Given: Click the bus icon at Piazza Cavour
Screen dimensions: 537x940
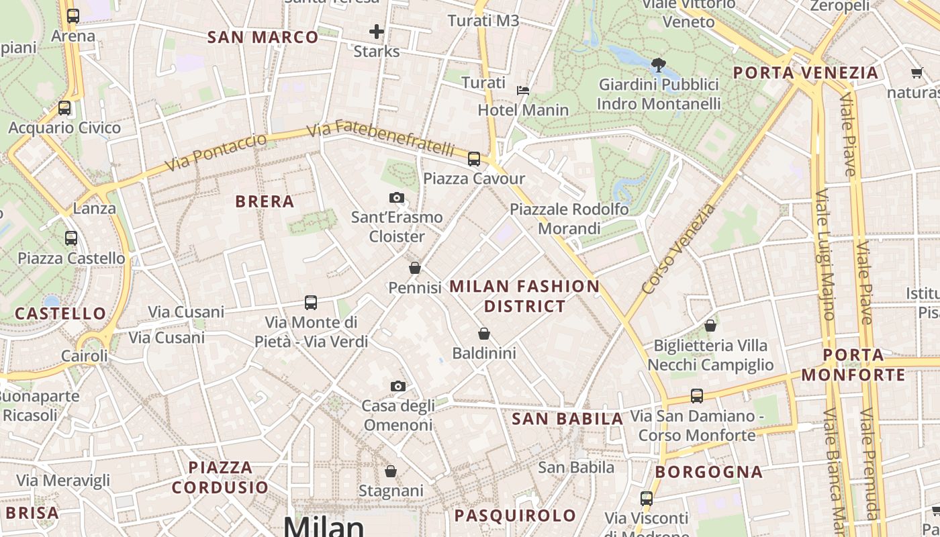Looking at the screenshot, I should [474, 159].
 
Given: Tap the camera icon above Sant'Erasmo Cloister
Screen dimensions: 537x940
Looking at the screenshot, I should [397, 197].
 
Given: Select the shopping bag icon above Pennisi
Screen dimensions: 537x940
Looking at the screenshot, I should [415, 268].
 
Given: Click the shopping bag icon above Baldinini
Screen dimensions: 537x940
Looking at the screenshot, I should [484, 333].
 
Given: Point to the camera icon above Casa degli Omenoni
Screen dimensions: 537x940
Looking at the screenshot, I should [398, 386].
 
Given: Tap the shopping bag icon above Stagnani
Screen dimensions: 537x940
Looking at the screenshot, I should [391, 471].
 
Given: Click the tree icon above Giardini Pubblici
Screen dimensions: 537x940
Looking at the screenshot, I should [659, 65].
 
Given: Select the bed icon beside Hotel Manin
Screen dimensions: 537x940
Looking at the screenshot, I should [522, 90].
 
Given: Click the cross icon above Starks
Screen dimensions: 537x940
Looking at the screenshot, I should [377, 31].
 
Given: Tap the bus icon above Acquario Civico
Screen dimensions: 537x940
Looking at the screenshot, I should [64, 107].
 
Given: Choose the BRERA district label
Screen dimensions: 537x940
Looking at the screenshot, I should [265, 201].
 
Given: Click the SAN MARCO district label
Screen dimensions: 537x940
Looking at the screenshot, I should [263, 38].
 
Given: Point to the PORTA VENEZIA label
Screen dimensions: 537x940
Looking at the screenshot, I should [805, 72].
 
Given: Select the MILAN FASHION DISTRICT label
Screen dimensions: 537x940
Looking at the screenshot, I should [524, 296].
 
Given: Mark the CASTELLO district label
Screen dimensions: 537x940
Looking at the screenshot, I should [60, 313].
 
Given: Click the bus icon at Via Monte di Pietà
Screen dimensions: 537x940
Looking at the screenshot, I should [310, 303].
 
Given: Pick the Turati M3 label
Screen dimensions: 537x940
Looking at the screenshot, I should [483, 21].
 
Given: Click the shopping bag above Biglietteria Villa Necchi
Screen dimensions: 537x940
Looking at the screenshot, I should [710, 326].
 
